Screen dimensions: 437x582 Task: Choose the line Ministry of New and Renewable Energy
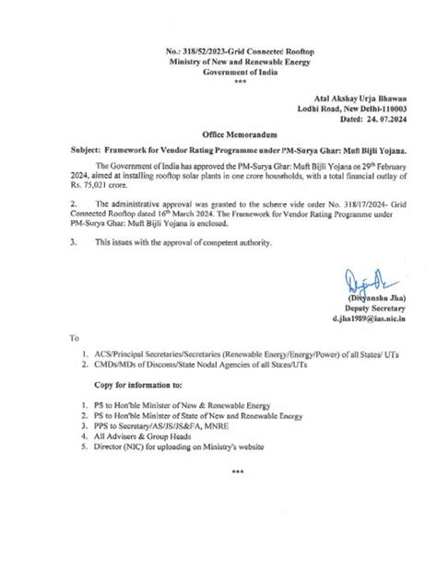coord(218,43)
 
